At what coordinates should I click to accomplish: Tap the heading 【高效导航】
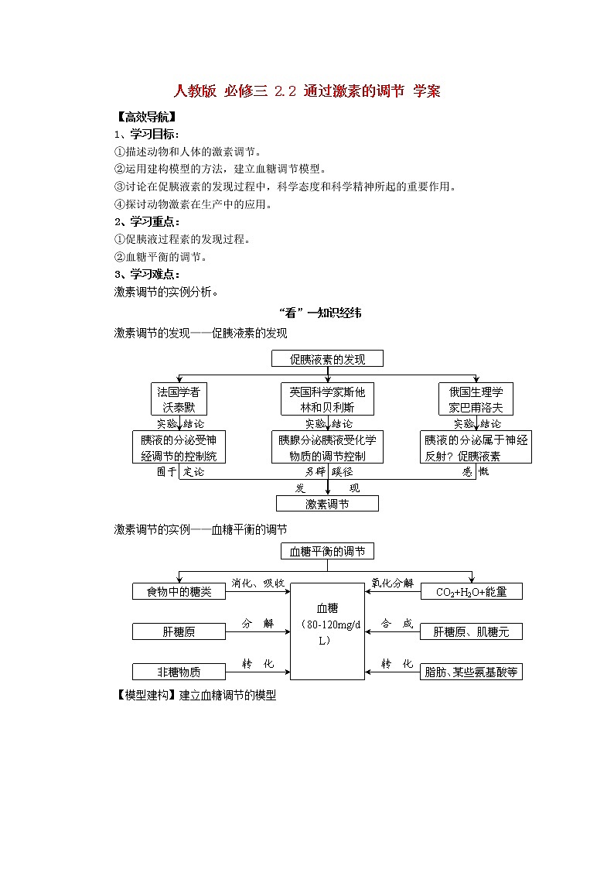[145, 118]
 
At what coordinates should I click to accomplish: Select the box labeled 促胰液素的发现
[327, 359]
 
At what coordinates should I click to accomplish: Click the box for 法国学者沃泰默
[179, 399]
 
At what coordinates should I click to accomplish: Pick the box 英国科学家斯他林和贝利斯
[327, 399]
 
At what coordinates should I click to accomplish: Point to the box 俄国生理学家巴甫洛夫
[476, 399]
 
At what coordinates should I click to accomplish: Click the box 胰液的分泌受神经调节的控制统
[179, 447]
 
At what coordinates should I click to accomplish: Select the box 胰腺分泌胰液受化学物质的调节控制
[327, 447]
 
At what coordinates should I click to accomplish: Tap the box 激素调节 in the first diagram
[327, 504]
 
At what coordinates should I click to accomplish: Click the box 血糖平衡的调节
[327, 552]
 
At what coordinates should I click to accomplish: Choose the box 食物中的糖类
[179, 592]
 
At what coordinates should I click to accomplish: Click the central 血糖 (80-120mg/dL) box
[327, 631]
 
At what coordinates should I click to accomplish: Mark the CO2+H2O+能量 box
[471, 592]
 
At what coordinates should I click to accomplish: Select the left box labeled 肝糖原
[179, 631]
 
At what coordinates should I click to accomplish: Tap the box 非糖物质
[179, 672]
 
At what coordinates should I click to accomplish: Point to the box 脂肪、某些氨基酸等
[471, 672]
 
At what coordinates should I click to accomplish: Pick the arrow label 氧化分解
[392, 583]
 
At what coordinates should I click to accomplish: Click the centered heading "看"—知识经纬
[319, 313]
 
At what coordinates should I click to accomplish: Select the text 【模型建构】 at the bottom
[145, 695]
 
